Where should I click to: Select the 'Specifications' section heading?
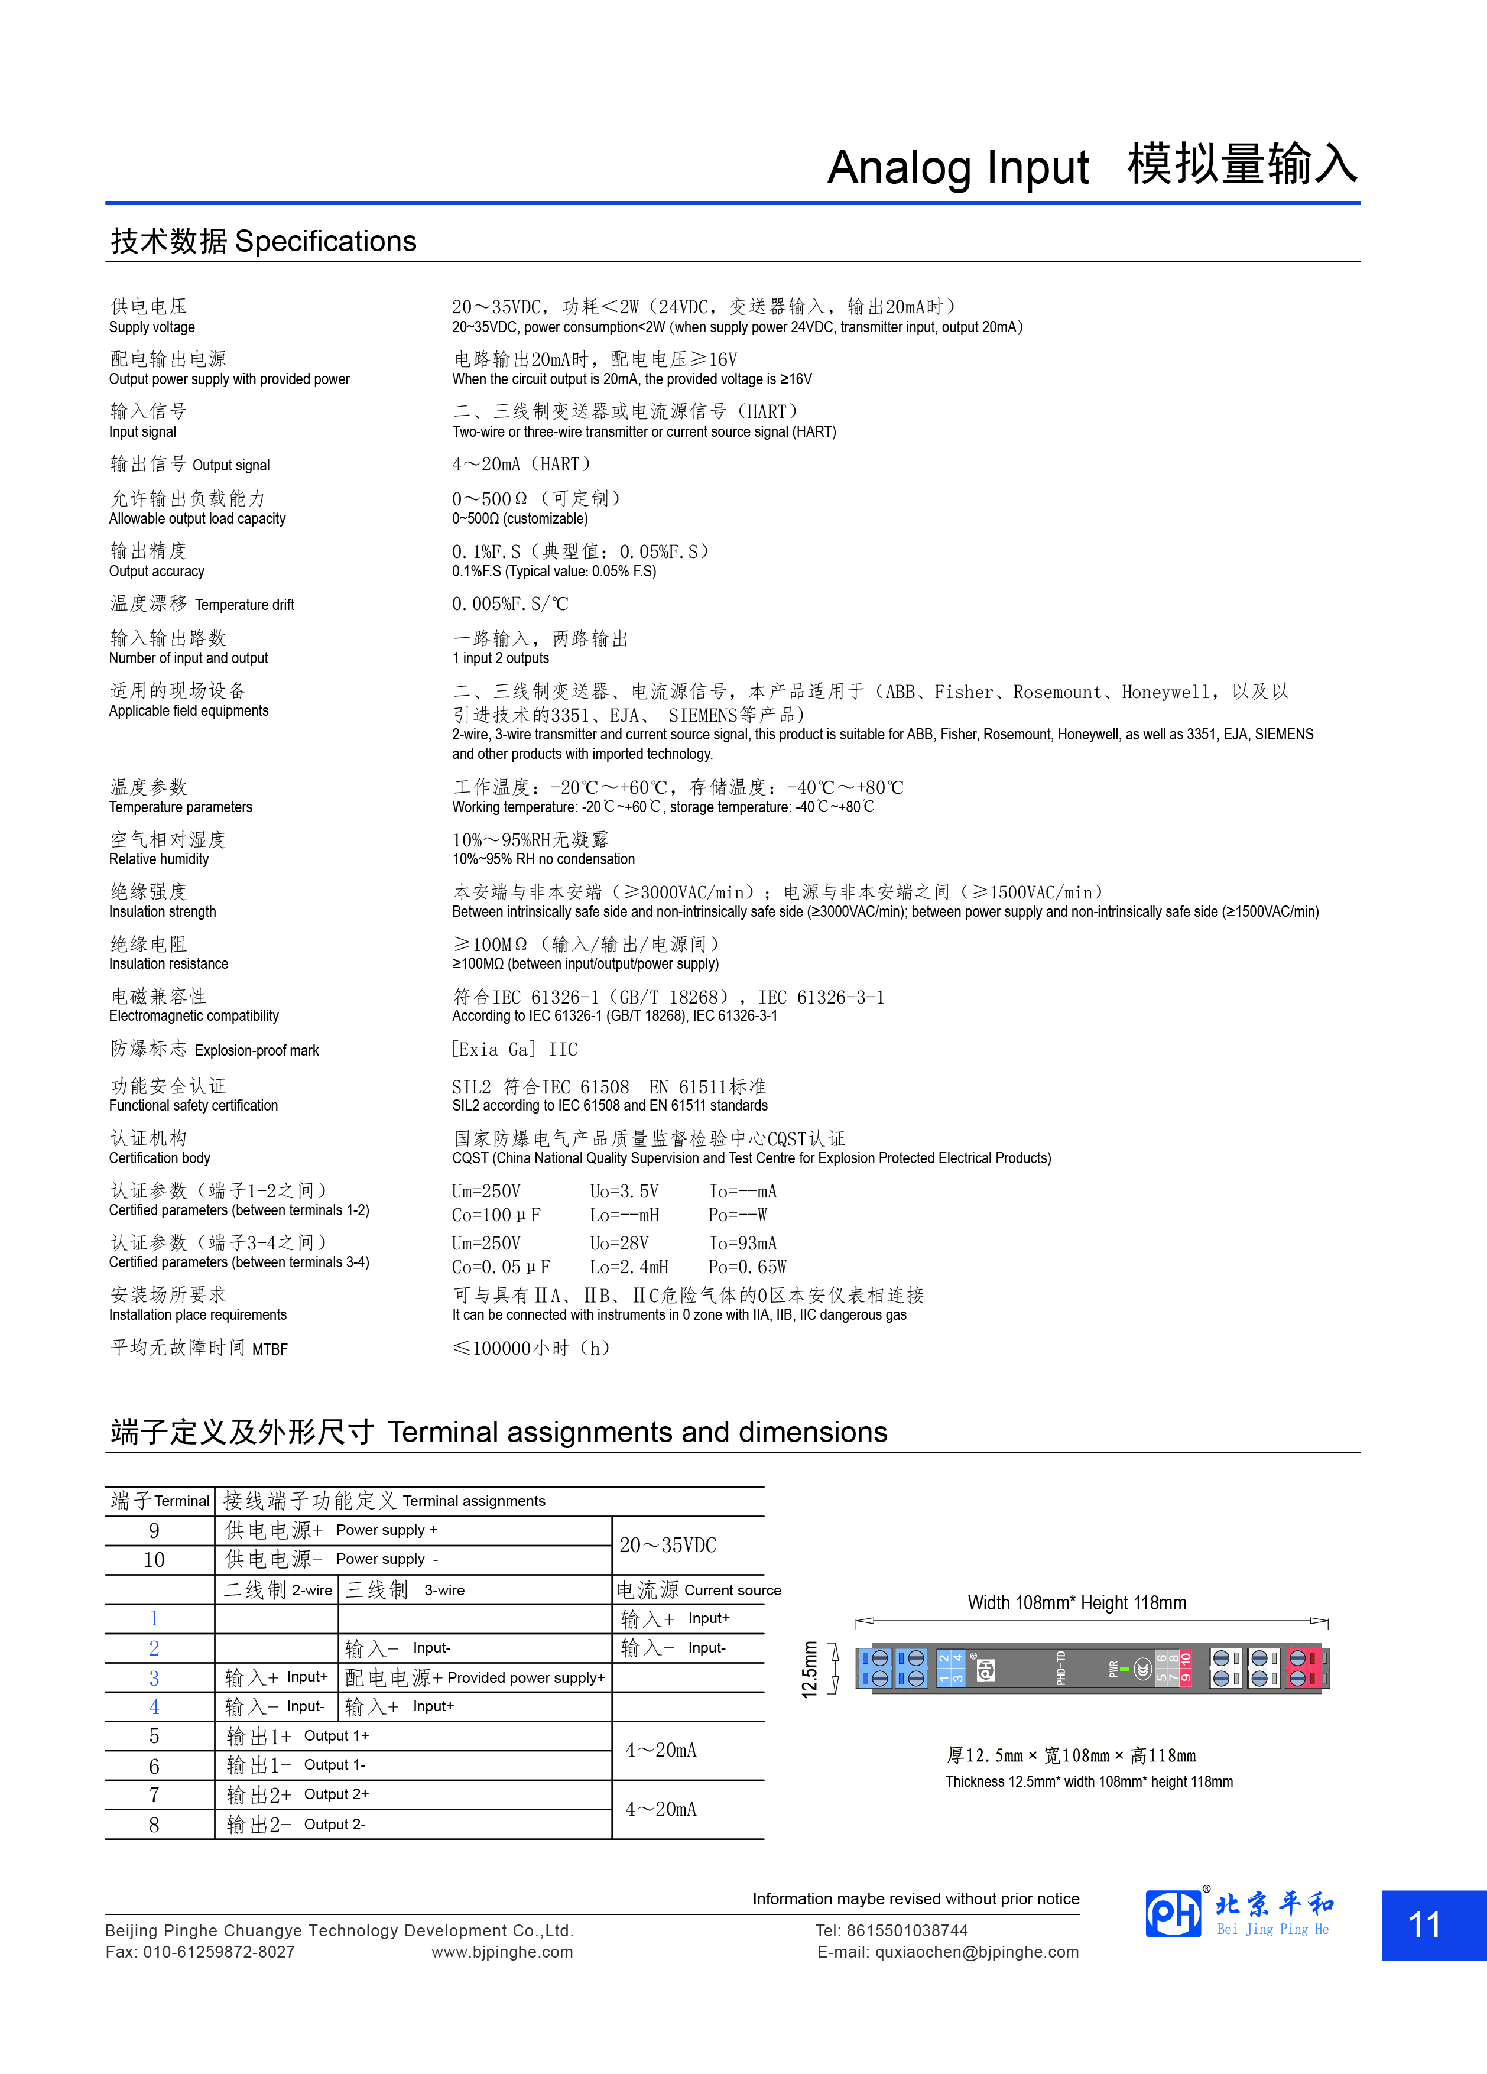[326, 241]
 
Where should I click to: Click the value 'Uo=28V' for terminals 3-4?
[619, 1244]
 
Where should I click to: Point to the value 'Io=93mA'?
[742, 1244]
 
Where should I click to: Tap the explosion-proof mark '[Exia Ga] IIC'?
[515, 1050]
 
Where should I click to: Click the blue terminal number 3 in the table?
[155, 1678]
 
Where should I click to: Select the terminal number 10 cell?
[155, 1560]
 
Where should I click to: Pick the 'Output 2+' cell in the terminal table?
[336, 1794]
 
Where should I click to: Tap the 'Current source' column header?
[732, 1591]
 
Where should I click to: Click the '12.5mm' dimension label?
[809, 1670]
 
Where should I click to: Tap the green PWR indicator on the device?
[1124, 1670]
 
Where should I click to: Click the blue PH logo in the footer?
[1173, 1913]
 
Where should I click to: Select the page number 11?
[1425, 1925]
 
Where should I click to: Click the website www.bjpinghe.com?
[502, 1952]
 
